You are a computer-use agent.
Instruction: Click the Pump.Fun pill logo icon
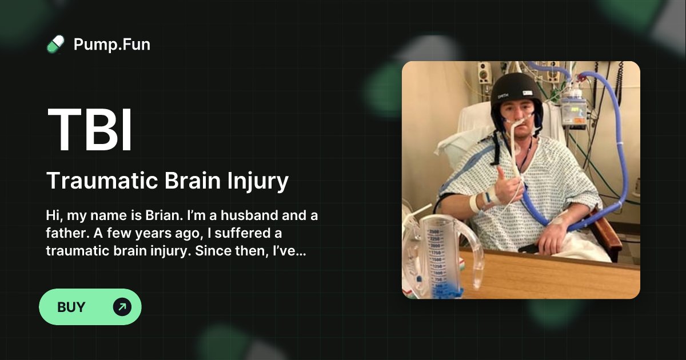[55, 44]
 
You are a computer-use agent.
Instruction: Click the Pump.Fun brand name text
[112, 44]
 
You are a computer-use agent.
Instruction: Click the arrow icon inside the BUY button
[122, 307]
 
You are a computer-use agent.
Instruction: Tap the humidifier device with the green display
[573, 109]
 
